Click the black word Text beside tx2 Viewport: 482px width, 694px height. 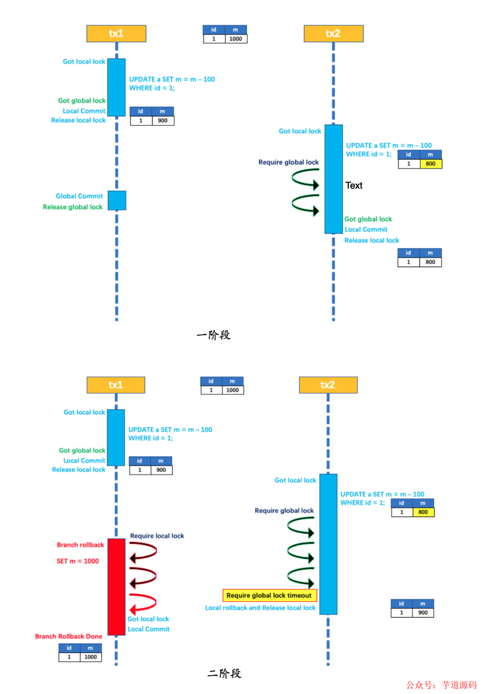(353, 186)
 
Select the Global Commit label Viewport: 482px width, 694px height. (79, 196)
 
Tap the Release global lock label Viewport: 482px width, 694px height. (72, 207)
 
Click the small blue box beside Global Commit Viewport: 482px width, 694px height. (117, 200)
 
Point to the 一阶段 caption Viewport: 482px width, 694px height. (213, 335)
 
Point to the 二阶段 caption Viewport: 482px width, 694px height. (224, 673)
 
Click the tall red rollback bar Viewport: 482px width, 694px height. (116, 586)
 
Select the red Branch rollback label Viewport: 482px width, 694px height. (80, 545)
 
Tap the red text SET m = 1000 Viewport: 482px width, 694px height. (78, 561)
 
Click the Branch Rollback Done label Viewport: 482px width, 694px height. (69, 636)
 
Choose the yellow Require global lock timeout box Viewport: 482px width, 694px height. (270, 595)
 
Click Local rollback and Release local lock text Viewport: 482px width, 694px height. (260, 608)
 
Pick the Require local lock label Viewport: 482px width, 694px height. (157, 536)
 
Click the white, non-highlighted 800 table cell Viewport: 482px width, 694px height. (430, 262)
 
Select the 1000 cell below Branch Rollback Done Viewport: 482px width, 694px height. (91, 657)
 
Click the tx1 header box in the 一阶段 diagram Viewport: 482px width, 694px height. (116, 34)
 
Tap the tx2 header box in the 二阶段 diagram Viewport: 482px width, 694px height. (328, 385)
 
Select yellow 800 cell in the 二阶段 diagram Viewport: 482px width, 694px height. (423, 512)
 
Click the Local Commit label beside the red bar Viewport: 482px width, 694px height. (149, 629)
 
